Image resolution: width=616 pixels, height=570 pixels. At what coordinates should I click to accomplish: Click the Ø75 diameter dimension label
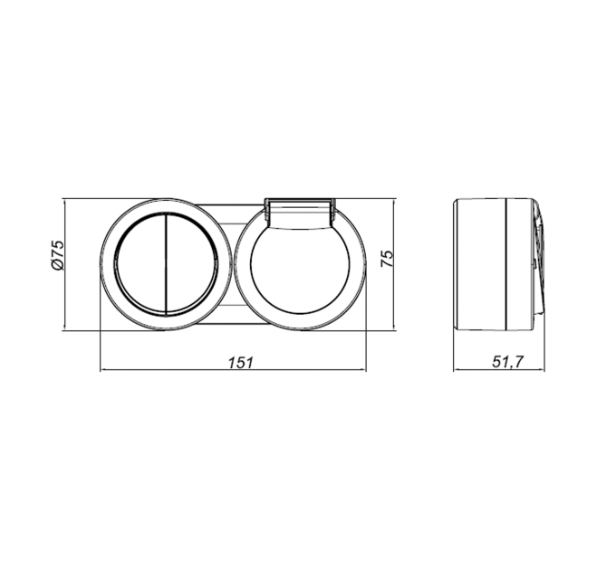[57, 255]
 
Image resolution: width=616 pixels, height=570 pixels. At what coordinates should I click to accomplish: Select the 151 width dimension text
[241, 363]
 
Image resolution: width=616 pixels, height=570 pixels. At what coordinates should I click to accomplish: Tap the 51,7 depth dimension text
[507, 362]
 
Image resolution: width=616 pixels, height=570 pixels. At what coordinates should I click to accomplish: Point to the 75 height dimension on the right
[388, 258]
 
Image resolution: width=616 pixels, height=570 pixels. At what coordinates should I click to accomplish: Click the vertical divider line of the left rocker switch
[166, 264]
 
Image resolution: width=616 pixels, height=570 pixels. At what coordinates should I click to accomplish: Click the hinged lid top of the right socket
[300, 213]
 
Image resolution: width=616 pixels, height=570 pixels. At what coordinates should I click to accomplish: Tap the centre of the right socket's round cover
[300, 271]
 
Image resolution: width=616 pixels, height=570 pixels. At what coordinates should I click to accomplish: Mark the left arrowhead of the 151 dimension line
[103, 369]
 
